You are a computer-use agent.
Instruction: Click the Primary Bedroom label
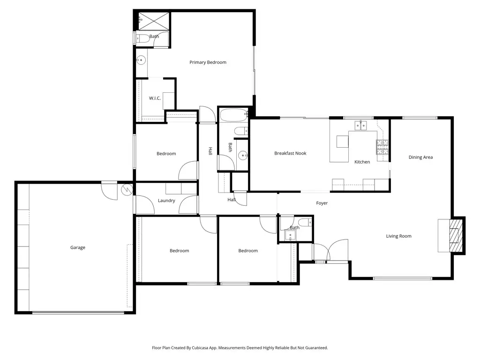pos(208,62)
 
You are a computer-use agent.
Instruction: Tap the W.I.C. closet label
pos(155,98)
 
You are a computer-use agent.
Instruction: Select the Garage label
pos(78,247)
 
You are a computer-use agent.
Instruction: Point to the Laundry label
pos(166,201)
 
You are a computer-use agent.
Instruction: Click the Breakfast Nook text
pos(290,153)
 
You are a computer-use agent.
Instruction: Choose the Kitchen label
pos(362,162)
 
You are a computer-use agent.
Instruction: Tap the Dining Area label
pos(420,157)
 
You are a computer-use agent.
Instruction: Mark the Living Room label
pos(398,236)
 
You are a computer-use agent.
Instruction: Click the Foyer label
pos(322,203)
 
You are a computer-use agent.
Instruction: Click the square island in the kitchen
pos(343,142)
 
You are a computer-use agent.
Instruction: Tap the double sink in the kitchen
pos(360,125)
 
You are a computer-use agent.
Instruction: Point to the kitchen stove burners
pos(382,148)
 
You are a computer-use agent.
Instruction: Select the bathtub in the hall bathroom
pos(233,115)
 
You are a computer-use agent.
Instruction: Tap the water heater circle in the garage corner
pos(126,190)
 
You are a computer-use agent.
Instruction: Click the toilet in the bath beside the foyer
pos(304,222)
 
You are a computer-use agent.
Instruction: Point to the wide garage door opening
pos(78,312)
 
